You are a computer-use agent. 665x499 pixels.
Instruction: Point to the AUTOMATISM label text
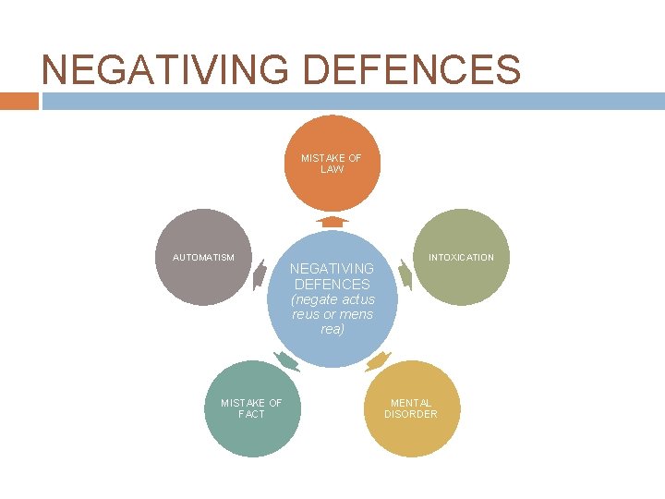pyautogui.click(x=203, y=257)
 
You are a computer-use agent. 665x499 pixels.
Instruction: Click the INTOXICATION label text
pyautogui.click(x=460, y=257)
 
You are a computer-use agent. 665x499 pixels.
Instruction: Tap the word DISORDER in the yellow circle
pyautogui.click(x=411, y=414)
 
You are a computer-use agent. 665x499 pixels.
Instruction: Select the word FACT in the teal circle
pyautogui.click(x=251, y=414)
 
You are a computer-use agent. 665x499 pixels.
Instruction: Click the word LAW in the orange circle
pyautogui.click(x=331, y=170)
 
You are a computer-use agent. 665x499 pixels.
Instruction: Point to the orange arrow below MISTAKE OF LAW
pyautogui.click(x=331, y=221)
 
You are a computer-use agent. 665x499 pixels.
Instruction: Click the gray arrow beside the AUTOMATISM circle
pyautogui.click(x=260, y=275)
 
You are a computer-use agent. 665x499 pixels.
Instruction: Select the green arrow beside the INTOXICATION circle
pyautogui.click(x=404, y=275)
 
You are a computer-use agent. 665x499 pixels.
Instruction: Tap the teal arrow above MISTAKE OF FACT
pyautogui.click(x=286, y=361)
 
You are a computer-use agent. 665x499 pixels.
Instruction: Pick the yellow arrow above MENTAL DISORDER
pyautogui.click(x=378, y=361)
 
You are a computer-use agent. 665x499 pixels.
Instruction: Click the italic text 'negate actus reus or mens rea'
pyautogui.click(x=332, y=315)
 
